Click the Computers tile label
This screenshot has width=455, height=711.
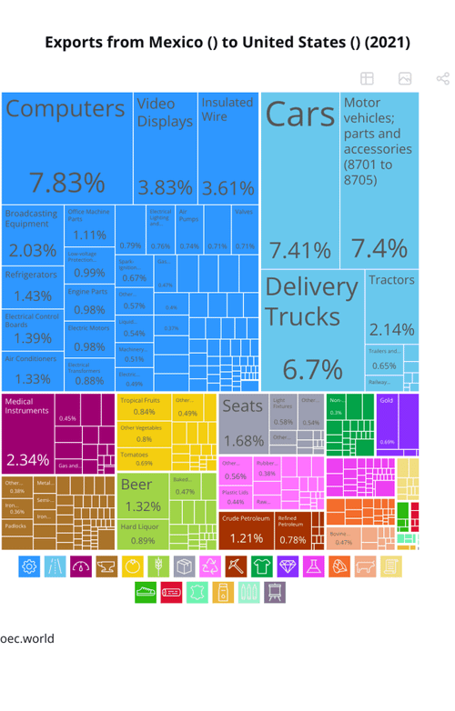(x=66, y=109)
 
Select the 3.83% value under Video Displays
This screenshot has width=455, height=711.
(x=165, y=188)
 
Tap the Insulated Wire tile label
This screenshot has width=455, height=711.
(x=227, y=109)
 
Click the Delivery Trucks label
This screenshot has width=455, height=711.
(x=310, y=301)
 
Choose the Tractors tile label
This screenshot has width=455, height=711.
(x=391, y=280)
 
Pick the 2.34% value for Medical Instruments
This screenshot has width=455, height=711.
(x=27, y=459)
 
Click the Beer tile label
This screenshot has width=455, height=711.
(x=136, y=485)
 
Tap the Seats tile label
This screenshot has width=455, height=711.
(x=242, y=406)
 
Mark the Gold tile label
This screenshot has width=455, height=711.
(x=386, y=400)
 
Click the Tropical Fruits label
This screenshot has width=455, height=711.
(x=140, y=400)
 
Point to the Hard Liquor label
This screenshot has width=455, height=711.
(x=139, y=527)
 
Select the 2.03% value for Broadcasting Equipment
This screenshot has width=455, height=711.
(x=32, y=250)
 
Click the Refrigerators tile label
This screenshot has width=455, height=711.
(x=31, y=275)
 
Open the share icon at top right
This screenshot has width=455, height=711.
(x=443, y=79)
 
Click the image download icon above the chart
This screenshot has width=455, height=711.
(x=405, y=79)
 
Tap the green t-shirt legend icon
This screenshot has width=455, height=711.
(x=262, y=566)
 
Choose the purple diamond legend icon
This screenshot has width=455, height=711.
(x=288, y=566)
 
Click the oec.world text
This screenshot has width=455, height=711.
(x=27, y=638)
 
